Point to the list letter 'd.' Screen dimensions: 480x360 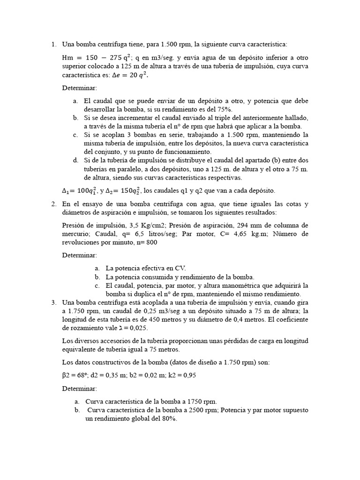(x=75, y=160)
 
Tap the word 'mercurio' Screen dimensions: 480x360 (x=77, y=233)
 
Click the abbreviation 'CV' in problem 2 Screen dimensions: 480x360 (x=180, y=268)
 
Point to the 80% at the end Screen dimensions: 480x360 (x=169, y=419)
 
